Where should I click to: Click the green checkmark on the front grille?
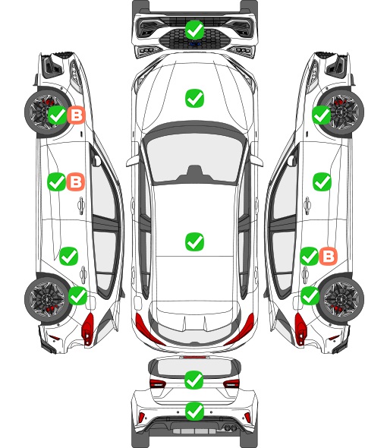(194, 30)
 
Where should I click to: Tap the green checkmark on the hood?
(194, 98)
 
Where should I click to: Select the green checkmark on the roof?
(194, 241)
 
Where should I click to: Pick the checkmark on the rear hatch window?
(194, 380)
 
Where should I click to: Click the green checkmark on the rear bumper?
(194, 411)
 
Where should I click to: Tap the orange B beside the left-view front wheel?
(76, 115)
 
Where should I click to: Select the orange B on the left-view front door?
(76, 181)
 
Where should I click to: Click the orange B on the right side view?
(328, 256)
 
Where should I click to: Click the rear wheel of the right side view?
(341, 298)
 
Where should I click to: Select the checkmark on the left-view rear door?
(68, 257)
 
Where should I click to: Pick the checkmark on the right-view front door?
(322, 181)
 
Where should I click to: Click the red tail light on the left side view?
(88, 329)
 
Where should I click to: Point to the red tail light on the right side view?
(300, 329)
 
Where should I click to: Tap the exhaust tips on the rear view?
(230, 427)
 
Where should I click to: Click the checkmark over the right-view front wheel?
(321, 115)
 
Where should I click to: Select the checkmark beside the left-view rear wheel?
(78, 295)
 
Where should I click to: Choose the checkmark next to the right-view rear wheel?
(310, 295)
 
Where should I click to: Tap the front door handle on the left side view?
(81, 205)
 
